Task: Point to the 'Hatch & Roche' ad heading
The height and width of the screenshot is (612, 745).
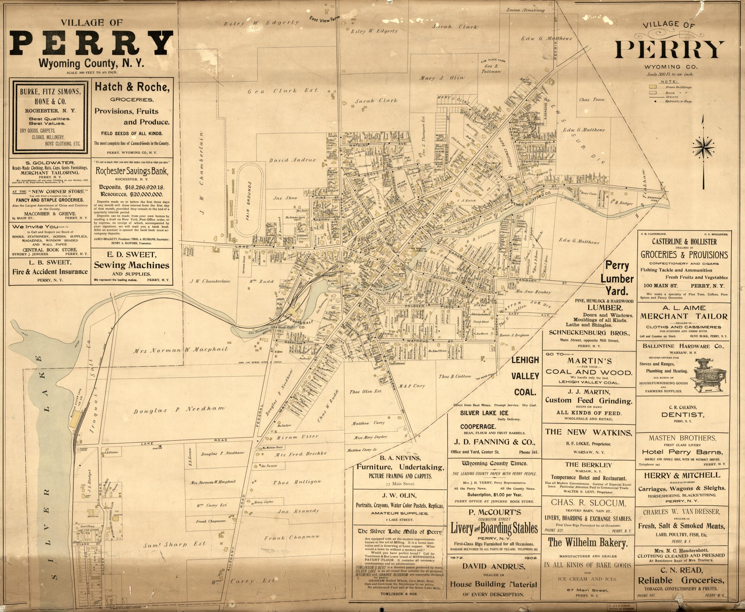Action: point(132,87)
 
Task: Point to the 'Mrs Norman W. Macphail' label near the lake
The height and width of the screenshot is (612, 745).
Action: point(181,351)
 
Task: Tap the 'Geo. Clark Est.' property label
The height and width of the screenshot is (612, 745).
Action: point(282,91)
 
